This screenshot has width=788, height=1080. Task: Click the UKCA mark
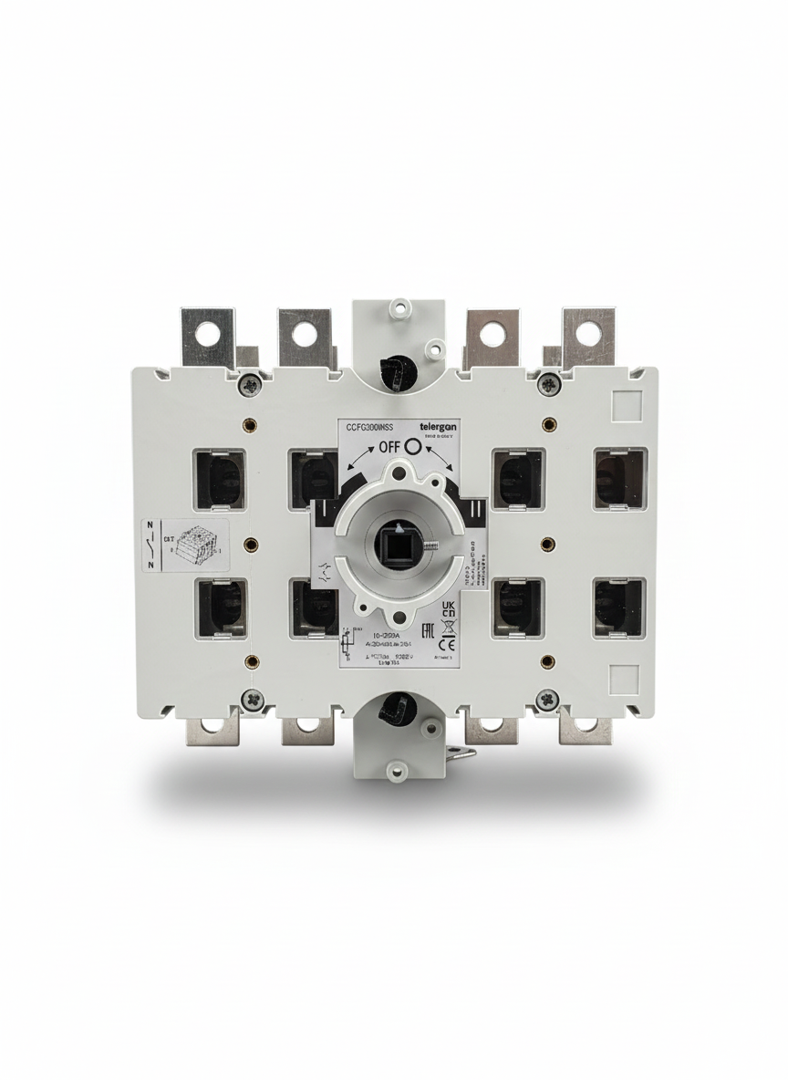tap(448, 608)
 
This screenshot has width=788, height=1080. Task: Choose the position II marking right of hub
tap(476, 509)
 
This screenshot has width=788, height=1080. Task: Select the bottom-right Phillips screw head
tap(546, 700)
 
